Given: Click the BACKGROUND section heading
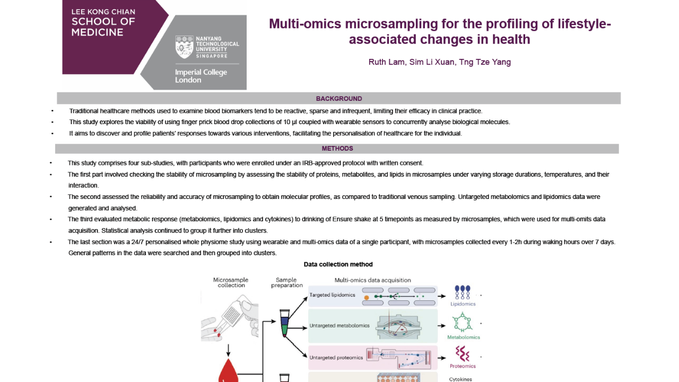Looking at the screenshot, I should tap(339, 99).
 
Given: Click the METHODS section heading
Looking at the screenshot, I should tap(337, 149).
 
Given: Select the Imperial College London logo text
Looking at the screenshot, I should tap(201, 76).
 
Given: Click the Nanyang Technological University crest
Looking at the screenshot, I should tap(185, 47).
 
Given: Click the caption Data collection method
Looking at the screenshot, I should tap(338, 264).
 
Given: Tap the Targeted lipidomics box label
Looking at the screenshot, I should tap(332, 295).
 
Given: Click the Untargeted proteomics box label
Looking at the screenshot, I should tap(336, 358).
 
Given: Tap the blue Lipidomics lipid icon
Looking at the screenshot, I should tap(463, 293).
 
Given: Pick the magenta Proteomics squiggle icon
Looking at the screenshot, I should tap(463, 353).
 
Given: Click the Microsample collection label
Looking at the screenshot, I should tap(231, 282).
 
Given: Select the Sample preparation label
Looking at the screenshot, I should tap(286, 282).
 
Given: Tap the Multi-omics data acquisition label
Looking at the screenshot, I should tap(372, 280).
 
